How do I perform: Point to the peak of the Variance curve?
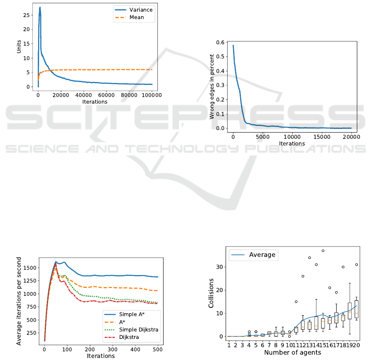[x=40, y=7]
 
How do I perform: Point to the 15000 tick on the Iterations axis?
[x=322, y=137]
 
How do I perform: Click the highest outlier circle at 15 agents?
[x=323, y=251]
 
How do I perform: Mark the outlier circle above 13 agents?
[x=309, y=258]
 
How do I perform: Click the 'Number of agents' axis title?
[x=292, y=353]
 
